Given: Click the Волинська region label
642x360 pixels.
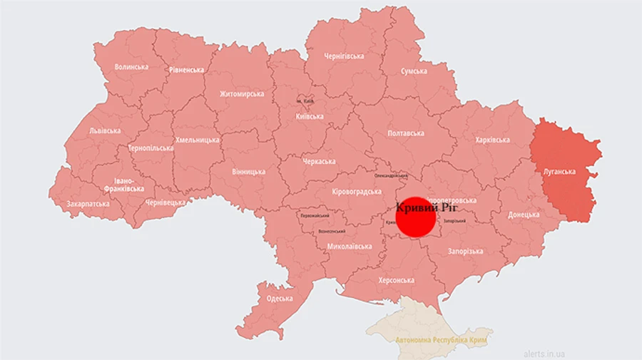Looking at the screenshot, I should coord(131,67).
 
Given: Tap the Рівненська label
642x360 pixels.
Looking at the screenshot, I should coord(187,70).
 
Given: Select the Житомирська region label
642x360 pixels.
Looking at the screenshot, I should coord(242,94).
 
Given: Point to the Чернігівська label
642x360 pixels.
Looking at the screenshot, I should coord(344,56).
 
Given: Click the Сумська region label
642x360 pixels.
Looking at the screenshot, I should coord(414,71).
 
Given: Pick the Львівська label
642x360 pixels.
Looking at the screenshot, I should coord(105,130).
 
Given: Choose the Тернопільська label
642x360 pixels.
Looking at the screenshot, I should coord(151,148).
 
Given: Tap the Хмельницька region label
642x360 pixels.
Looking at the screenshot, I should coord(198,140).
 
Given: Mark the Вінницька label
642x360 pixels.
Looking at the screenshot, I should coord(248,172).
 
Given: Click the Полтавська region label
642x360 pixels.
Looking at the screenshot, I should coord(405,133).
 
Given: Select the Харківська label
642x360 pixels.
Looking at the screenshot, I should coord(492,140).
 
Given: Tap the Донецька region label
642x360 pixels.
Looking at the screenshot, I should coord(524,214).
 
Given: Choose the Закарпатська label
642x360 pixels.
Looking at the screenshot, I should coord(88,203).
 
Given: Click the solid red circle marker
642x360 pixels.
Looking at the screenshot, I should coord(415,218).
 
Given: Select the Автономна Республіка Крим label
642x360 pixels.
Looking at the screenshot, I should coord(440,340).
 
